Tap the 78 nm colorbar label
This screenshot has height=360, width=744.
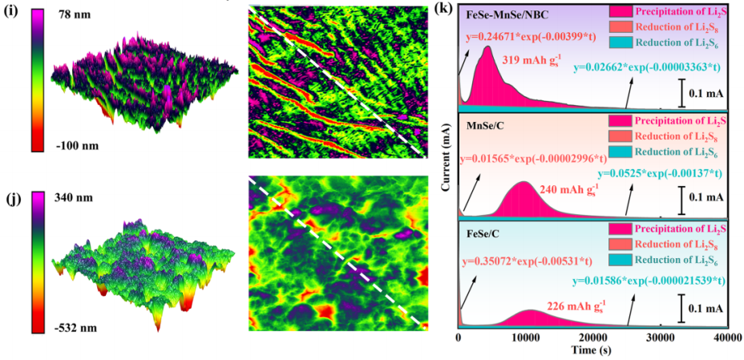(79, 15)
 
